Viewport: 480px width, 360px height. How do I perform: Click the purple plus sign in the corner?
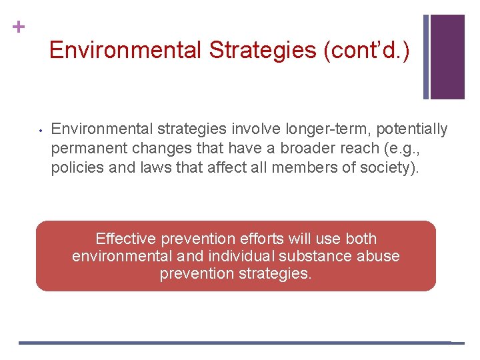(19, 27)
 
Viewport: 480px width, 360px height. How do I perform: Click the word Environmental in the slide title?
(125, 50)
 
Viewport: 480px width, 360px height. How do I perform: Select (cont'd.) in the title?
(375, 50)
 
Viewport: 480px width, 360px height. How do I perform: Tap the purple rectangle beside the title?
(447, 57)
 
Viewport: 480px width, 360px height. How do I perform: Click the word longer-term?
(300, 129)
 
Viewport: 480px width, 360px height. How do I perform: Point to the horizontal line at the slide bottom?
(233, 343)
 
